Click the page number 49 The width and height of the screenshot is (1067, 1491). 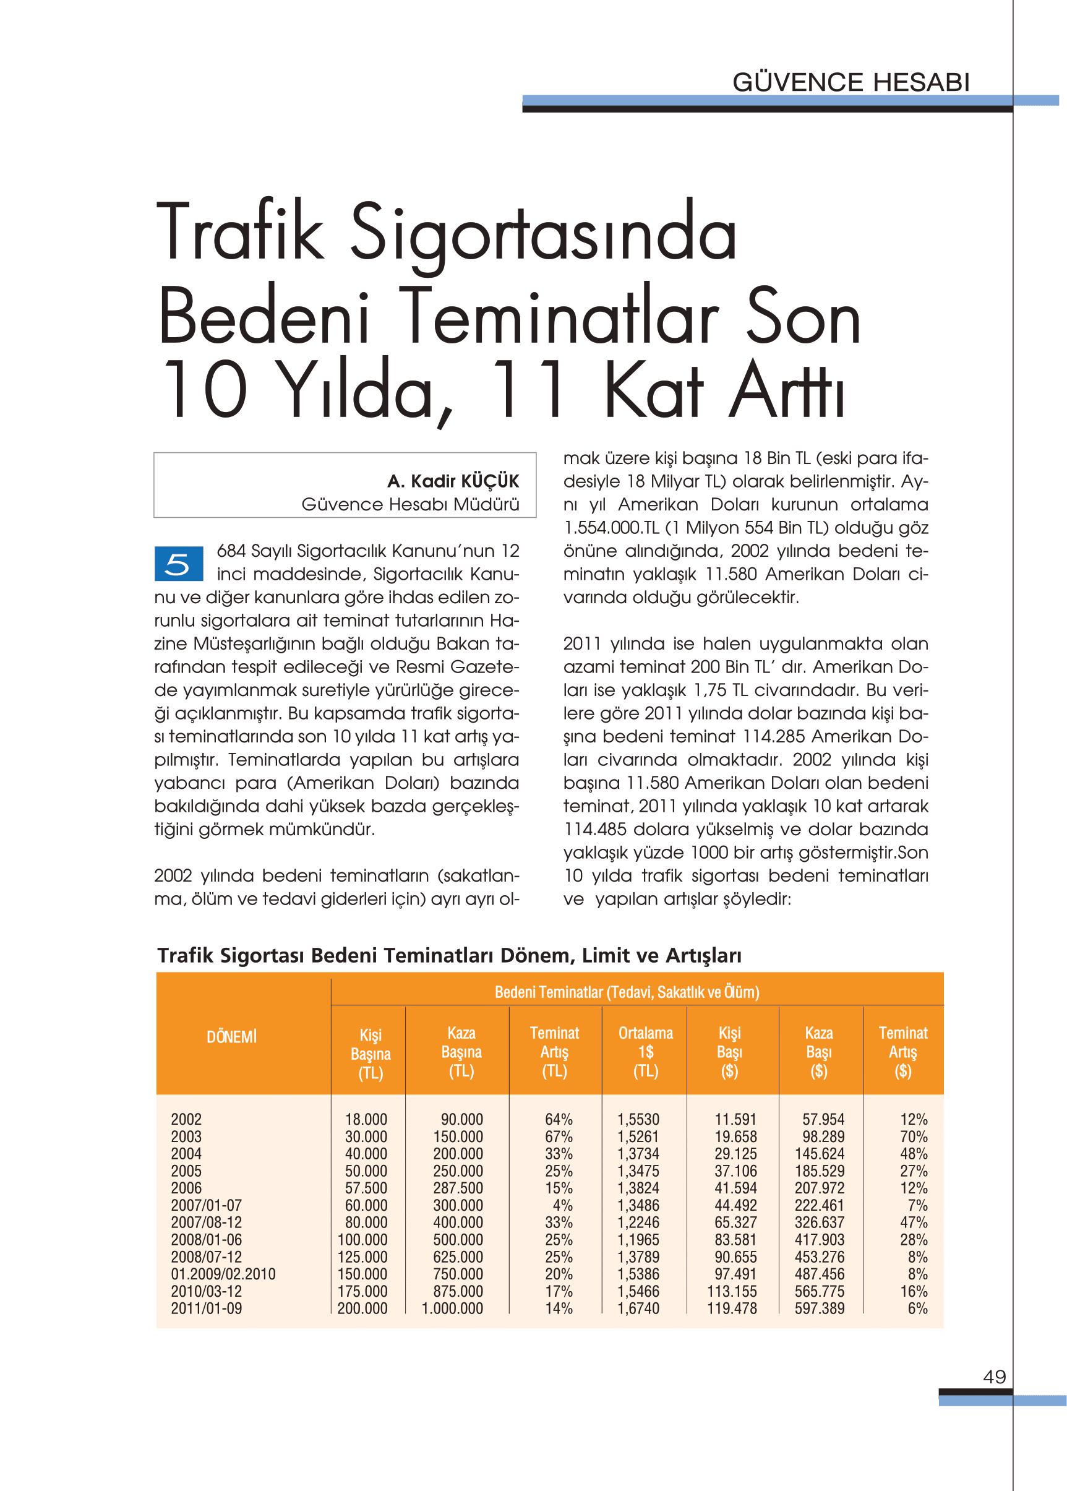pyautogui.click(x=994, y=1377)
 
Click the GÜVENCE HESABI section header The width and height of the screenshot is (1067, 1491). pyautogui.click(x=851, y=83)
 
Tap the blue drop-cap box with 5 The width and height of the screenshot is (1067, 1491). pyautogui.click(x=178, y=564)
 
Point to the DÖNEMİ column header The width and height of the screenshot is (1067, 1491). pyautogui.click(x=231, y=1037)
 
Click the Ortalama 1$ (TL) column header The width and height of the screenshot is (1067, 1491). pyautogui.click(x=645, y=1051)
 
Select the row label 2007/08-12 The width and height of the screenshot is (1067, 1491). pyautogui.click(x=207, y=1222)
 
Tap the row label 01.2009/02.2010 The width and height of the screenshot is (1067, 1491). pyautogui.click(x=223, y=1274)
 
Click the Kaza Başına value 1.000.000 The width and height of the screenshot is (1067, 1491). pyautogui.click(x=452, y=1308)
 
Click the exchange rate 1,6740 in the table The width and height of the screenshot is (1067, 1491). pyautogui.click(x=638, y=1308)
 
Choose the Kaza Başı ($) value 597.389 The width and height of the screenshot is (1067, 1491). pyautogui.click(x=820, y=1308)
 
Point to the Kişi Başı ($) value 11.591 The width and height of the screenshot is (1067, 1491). pyautogui.click(x=735, y=1119)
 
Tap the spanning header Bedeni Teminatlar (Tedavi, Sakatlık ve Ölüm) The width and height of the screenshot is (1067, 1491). pyautogui.click(x=627, y=992)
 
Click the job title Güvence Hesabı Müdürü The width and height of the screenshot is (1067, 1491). pyautogui.click(x=410, y=504)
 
